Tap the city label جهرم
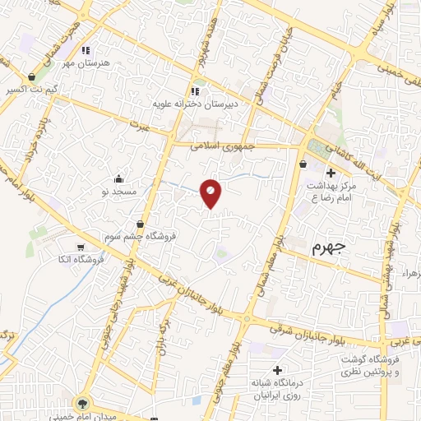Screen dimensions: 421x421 (x=331, y=248)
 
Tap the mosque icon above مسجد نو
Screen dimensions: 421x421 (x=118, y=178)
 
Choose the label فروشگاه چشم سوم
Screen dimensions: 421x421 (x=141, y=236)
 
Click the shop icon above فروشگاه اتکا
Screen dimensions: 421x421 (x=80, y=247)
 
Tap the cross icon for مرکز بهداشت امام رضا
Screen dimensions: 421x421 (x=331, y=173)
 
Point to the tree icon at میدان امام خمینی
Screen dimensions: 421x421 (x=81, y=404)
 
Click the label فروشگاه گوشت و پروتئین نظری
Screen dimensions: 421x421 (x=390, y=366)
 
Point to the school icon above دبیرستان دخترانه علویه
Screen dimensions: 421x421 (x=195, y=91)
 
